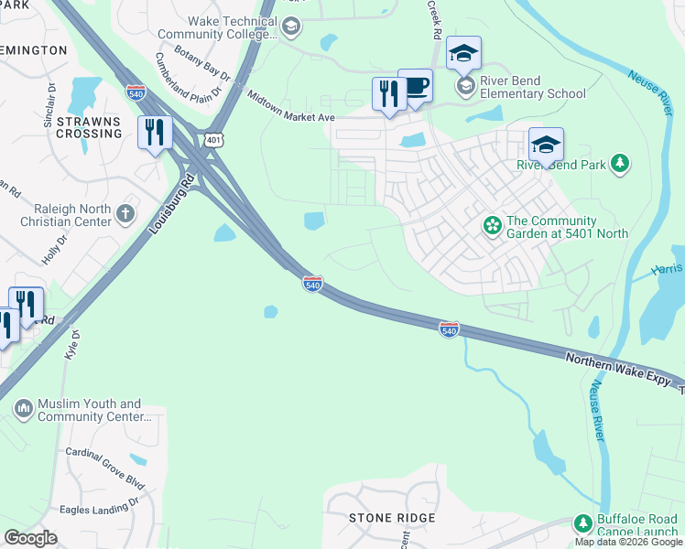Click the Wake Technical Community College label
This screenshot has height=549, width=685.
click(x=229, y=27)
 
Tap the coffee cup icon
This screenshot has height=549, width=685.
click(x=415, y=87)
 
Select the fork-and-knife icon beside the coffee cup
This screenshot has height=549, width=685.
click(x=389, y=94)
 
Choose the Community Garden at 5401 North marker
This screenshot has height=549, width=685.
click(x=493, y=225)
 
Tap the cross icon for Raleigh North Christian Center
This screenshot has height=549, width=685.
click(x=125, y=214)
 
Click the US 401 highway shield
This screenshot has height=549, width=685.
click(x=212, y=139)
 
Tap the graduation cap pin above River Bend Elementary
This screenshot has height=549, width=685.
click(x=464, y=53)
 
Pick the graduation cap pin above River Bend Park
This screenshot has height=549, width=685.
click(x=546, y=145)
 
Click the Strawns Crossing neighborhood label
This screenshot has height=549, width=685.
click(x=89, y=127)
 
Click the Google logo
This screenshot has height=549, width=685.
click(x=30, y=537)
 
